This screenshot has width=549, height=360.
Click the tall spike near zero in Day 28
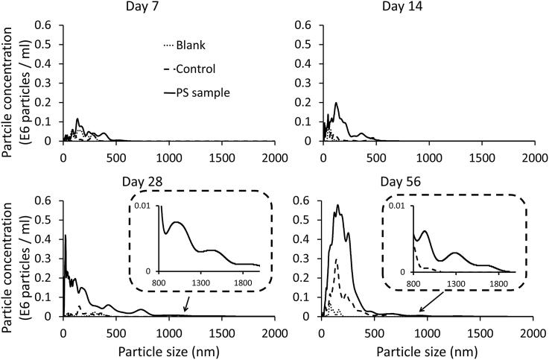click(66, 236)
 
